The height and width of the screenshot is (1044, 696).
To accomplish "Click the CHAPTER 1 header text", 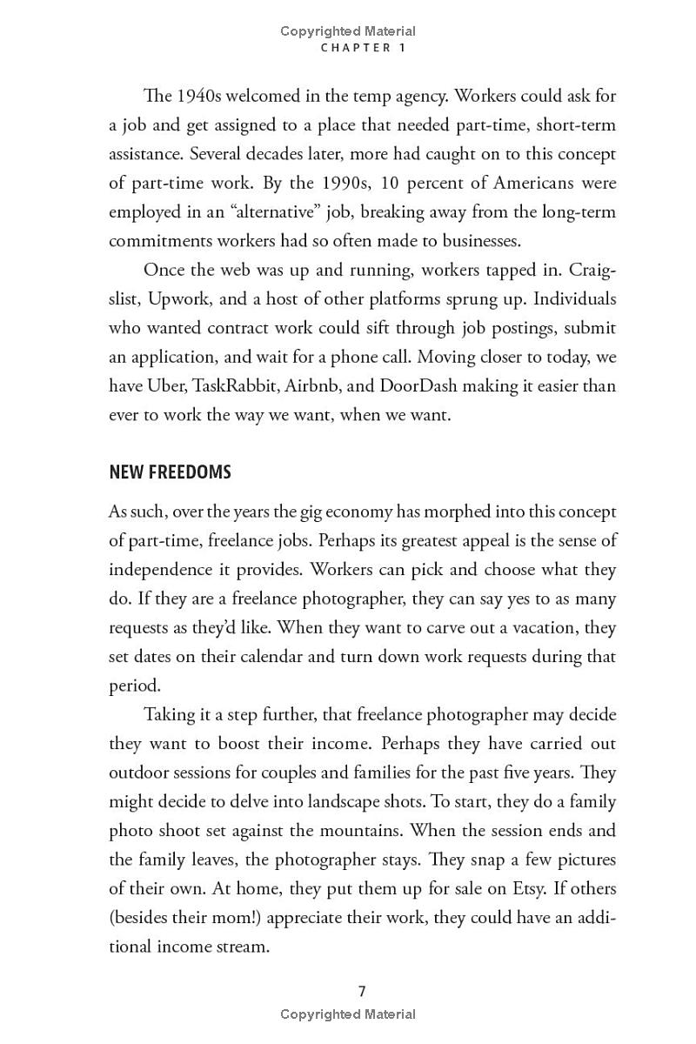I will click(363, 48).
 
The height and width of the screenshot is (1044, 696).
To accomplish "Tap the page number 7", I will click(362, 991).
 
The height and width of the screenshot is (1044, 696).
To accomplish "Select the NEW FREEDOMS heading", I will click(170, 472).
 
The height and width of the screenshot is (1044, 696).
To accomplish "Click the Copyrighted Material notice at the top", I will click(348, 31).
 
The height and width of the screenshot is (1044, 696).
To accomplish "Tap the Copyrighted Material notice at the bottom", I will click(348, 1014).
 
